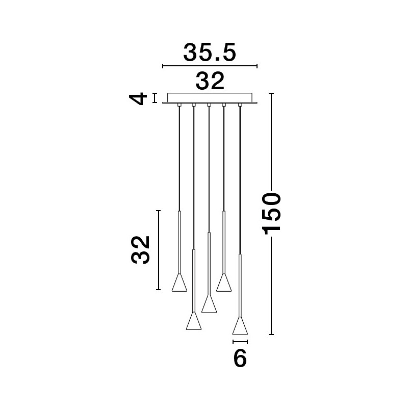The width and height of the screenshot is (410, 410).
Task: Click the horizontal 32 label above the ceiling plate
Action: click(210, 81)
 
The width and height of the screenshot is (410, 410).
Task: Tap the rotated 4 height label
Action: click(138, 98)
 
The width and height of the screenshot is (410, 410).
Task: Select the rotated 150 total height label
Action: click(271, 214)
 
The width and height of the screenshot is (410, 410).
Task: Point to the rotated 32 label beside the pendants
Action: click(140, 250)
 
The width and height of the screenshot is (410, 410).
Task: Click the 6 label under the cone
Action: click(240, 357)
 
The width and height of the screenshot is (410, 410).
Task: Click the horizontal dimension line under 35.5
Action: click(210, 66)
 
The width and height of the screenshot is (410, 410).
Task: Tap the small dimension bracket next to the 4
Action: click(155, 98)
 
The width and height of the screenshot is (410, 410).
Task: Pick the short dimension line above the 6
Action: click(240, 342)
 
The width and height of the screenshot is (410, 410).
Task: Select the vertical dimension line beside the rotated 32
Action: click(158, 250)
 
